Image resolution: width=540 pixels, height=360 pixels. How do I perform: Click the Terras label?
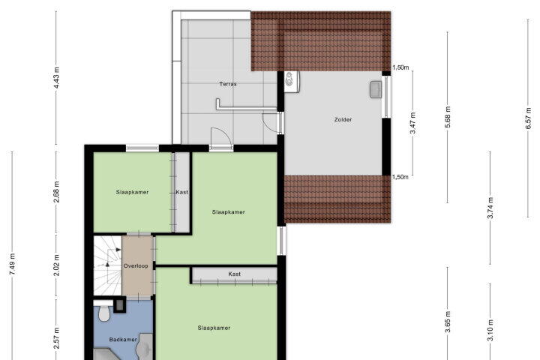(x=228, y=84)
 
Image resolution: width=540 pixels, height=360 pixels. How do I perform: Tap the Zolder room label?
(x=343, y=119)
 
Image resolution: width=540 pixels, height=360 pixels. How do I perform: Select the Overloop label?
(x=136, y=266)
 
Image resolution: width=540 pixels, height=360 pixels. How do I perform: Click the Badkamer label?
(x=123, y=339)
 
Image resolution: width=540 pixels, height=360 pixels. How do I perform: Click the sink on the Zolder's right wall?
(x=376, y=89)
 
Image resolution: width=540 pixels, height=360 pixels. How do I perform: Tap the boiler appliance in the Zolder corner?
(x=292, y=81)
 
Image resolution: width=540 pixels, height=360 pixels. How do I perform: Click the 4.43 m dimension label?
(x=56, y=78)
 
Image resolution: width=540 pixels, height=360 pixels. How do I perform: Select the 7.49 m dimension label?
(x=13, y=264)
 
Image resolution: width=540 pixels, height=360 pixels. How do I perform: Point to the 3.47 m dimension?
(x=413, y=123)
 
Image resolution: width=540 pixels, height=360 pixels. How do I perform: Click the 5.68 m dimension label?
(x=447, y=117)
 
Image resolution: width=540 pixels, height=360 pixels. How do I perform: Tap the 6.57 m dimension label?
(x=528, y=118)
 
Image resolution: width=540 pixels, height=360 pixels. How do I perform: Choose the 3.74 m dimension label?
(x=490, y=208)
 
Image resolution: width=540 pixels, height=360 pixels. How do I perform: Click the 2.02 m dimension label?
(x=56, y=265)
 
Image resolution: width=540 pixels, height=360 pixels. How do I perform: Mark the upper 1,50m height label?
(x=400, y=67)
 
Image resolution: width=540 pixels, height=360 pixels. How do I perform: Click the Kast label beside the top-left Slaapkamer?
(x=181, y=192)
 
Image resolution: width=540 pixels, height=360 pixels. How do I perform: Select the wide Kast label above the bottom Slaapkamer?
(x=235, y=274)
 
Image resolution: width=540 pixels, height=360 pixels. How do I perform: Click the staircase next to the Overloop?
(x=107, y=265)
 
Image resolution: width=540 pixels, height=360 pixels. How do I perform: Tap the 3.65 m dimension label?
(x=447, y=322)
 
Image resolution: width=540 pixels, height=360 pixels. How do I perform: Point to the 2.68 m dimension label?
(x=56, y=191)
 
